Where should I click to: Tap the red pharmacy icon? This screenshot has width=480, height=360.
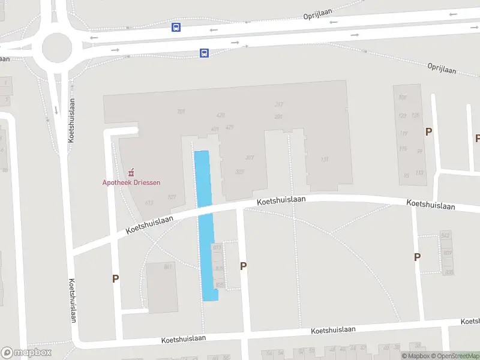point(131,173)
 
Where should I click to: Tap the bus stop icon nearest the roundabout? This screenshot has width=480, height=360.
point(176,27)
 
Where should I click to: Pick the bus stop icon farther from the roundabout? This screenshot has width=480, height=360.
point(204,53)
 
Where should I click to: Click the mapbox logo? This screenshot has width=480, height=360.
point(26,353)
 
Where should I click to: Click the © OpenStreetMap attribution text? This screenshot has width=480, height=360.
point(455,356)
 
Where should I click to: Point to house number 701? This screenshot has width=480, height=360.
point(181,112)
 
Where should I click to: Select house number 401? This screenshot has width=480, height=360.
point(215,129)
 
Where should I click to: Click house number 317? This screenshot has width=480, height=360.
point(250,158)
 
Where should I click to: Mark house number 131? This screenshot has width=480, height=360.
point(325,160)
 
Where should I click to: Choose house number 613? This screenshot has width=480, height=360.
point(149,202)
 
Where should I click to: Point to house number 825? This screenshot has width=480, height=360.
point(219,284)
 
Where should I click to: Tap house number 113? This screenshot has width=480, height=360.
point(419,173)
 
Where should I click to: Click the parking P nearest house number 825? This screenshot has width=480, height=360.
point(243,266)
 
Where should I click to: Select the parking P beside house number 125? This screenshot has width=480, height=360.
point(428,131)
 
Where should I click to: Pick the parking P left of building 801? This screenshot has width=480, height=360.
point(115,278)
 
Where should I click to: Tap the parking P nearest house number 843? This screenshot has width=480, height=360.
point(417,257)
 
